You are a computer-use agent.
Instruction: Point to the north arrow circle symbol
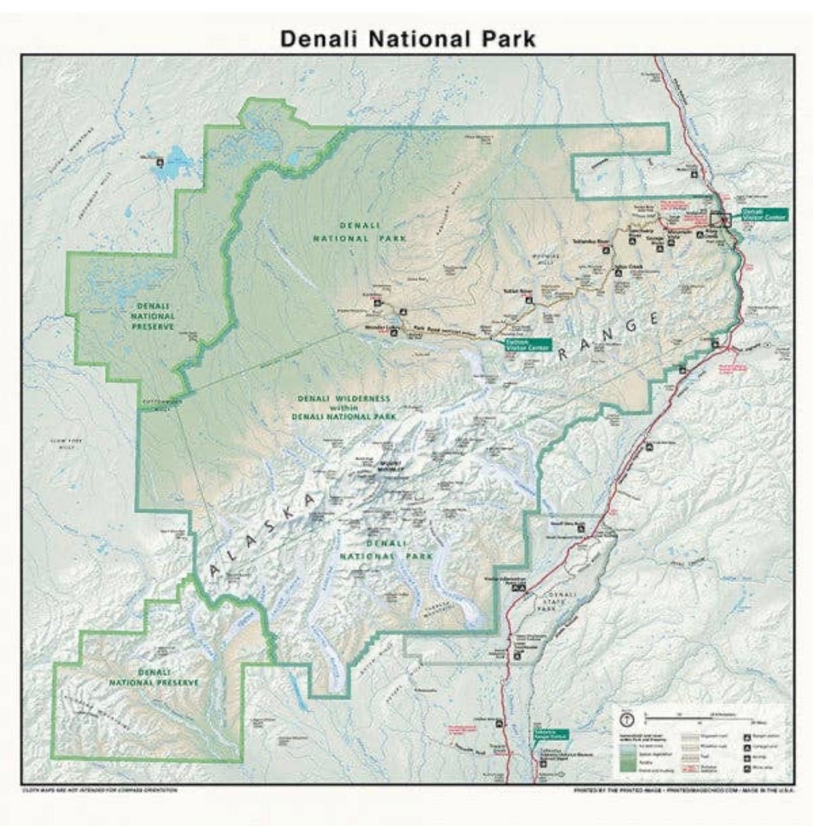coord(627,718)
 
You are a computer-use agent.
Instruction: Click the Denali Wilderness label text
coord(343,399)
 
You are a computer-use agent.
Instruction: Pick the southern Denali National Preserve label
coord(154,677)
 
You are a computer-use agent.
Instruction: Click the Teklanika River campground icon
coord(606,249)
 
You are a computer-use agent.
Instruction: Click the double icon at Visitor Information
coord(519,588)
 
